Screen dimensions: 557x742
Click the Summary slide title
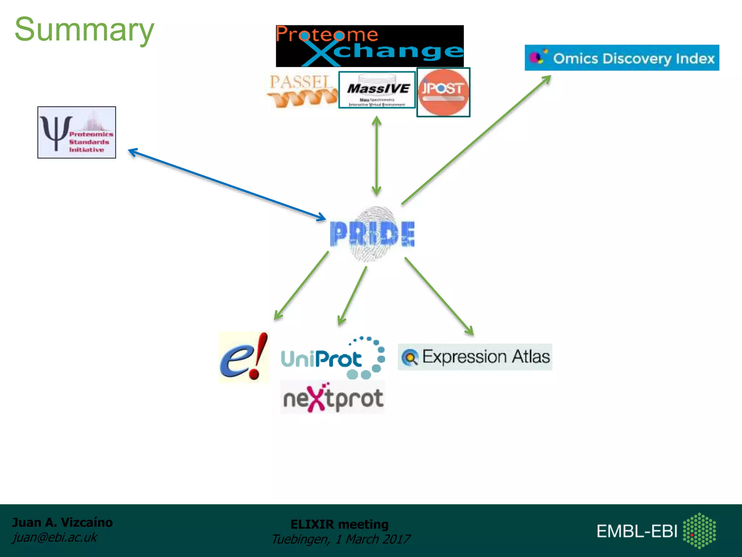84,30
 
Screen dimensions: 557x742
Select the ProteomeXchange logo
370,46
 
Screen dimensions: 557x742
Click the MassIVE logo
377,90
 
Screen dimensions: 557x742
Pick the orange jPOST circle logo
443,92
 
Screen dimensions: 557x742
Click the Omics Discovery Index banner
622,58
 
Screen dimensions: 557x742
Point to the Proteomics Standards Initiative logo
77,132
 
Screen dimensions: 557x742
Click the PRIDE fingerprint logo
372,234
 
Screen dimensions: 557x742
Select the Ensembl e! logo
244,357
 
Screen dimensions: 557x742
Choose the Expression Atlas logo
475,357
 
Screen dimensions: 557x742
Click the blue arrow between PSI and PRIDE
227,185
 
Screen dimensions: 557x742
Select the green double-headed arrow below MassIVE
376,156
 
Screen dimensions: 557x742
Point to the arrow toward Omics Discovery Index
476,140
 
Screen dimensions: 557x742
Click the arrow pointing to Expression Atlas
439,296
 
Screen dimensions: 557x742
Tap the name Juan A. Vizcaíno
62,523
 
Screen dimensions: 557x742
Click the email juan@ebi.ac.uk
55,537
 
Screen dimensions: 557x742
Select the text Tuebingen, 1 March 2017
341,539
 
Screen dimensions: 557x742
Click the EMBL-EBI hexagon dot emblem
699,531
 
